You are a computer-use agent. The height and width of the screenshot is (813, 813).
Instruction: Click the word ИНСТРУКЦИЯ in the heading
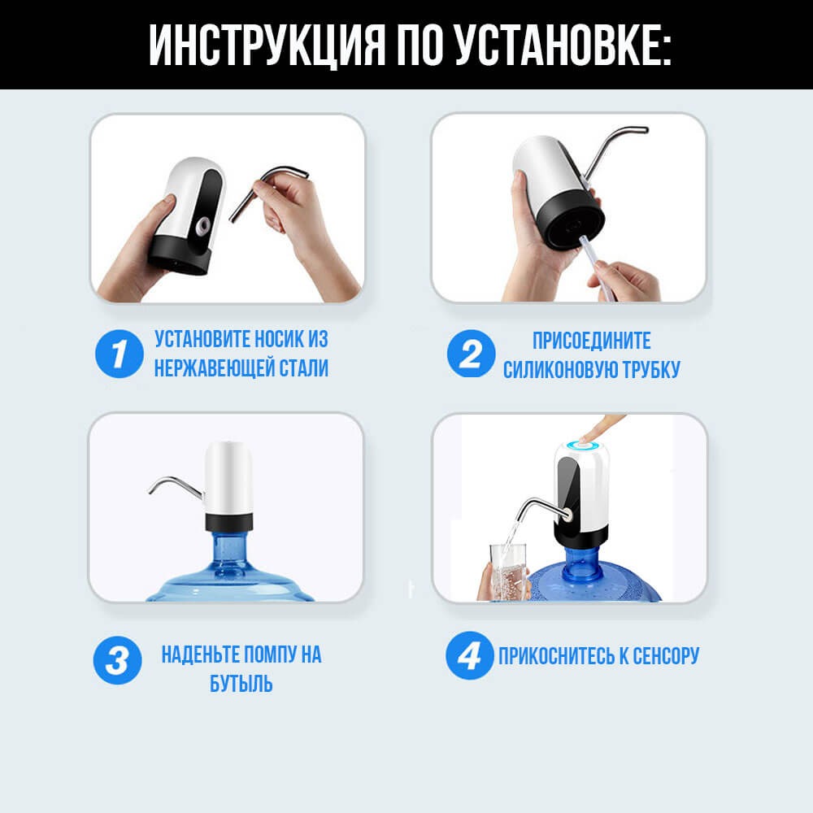click(x=267, y=44)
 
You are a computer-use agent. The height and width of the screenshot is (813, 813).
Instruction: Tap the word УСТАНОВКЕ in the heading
click(x=563, y=44)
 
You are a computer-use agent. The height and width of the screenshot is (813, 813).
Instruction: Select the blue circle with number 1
click(x=120, y=354)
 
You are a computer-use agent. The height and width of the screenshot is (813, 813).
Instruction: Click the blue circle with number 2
click(x=472, y=354)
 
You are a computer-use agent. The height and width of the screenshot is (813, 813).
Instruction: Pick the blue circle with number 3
click(x=118, y=660)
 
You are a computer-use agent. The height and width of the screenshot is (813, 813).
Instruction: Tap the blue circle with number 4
click(x=470, y=656)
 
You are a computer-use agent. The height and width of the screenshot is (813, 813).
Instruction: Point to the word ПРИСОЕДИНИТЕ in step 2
click(x=592, y=341)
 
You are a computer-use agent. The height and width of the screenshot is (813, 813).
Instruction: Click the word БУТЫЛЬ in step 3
click(x=241, y=684)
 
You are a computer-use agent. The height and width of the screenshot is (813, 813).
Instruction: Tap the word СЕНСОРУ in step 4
click(x=666, y=656)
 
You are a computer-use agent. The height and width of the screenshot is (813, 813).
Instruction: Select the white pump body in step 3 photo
click(x=228, y=477)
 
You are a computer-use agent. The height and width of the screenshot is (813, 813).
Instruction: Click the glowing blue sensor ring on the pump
click(x=583, y=446)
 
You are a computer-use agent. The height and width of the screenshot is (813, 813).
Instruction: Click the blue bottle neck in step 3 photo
click(x=228, y=550)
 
